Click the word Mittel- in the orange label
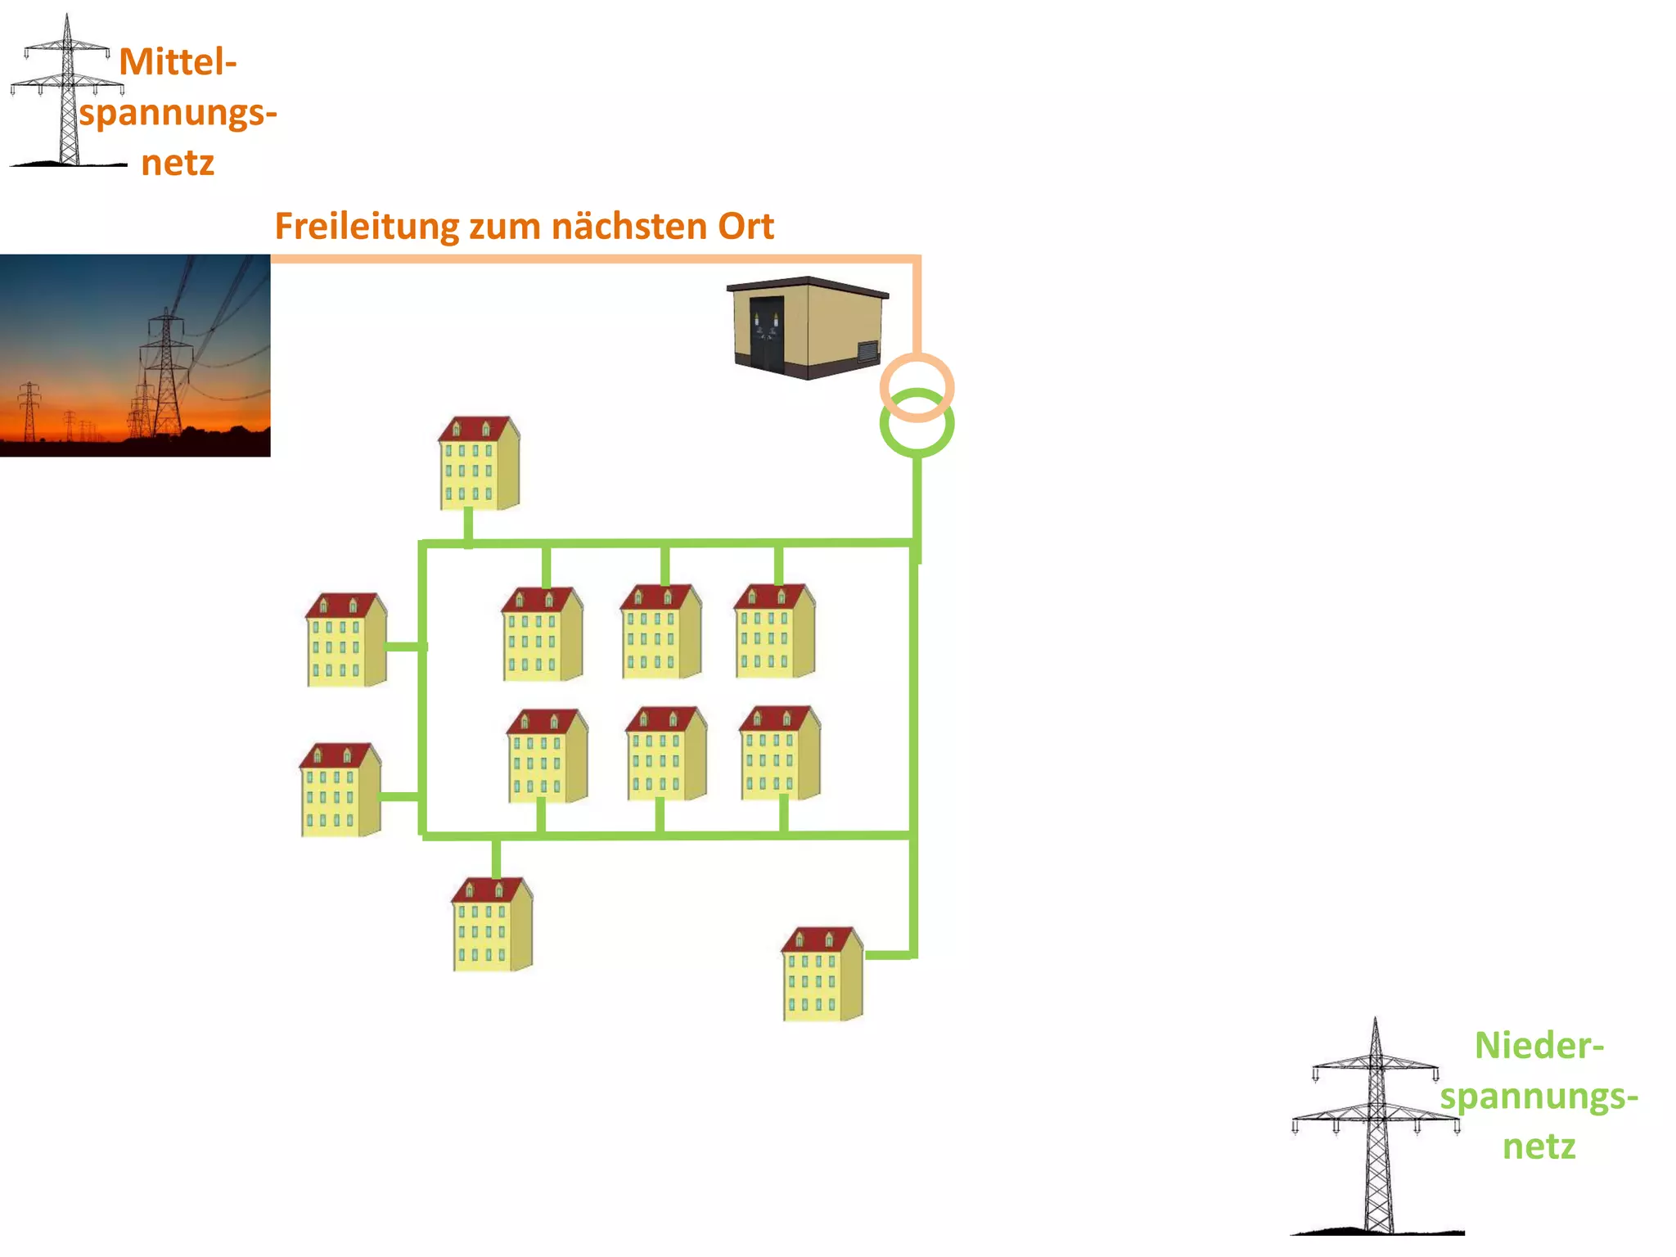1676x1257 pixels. (x=178, y=62)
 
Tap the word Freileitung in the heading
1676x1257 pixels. (x=366, y=227)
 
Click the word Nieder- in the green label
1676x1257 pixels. (x=1539, y=1046)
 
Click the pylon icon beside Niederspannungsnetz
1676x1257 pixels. (x=1376, y=1129)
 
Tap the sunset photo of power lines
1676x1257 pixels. (x=135, y=355)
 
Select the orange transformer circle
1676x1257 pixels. (x=917, y=386)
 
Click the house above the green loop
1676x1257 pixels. (x=479, y=465)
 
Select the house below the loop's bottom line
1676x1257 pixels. (x=492, y=926)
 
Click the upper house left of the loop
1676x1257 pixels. (x=345, y=641)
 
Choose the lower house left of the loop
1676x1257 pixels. (x=340, y=791)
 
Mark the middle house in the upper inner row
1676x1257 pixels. (x=660, y=633)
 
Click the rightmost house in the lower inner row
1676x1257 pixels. (x=779, y=754)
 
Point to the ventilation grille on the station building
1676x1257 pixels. (x=867, y=352)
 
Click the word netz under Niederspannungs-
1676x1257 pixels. (x=1539, y=1147)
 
